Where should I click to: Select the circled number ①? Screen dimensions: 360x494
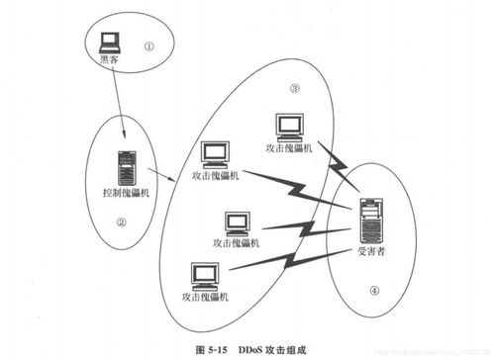point(149,45)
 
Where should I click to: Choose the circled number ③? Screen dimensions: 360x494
point(294,88)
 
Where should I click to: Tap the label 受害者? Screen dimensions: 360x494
point(371,253)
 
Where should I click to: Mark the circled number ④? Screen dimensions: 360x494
point(373,291)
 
